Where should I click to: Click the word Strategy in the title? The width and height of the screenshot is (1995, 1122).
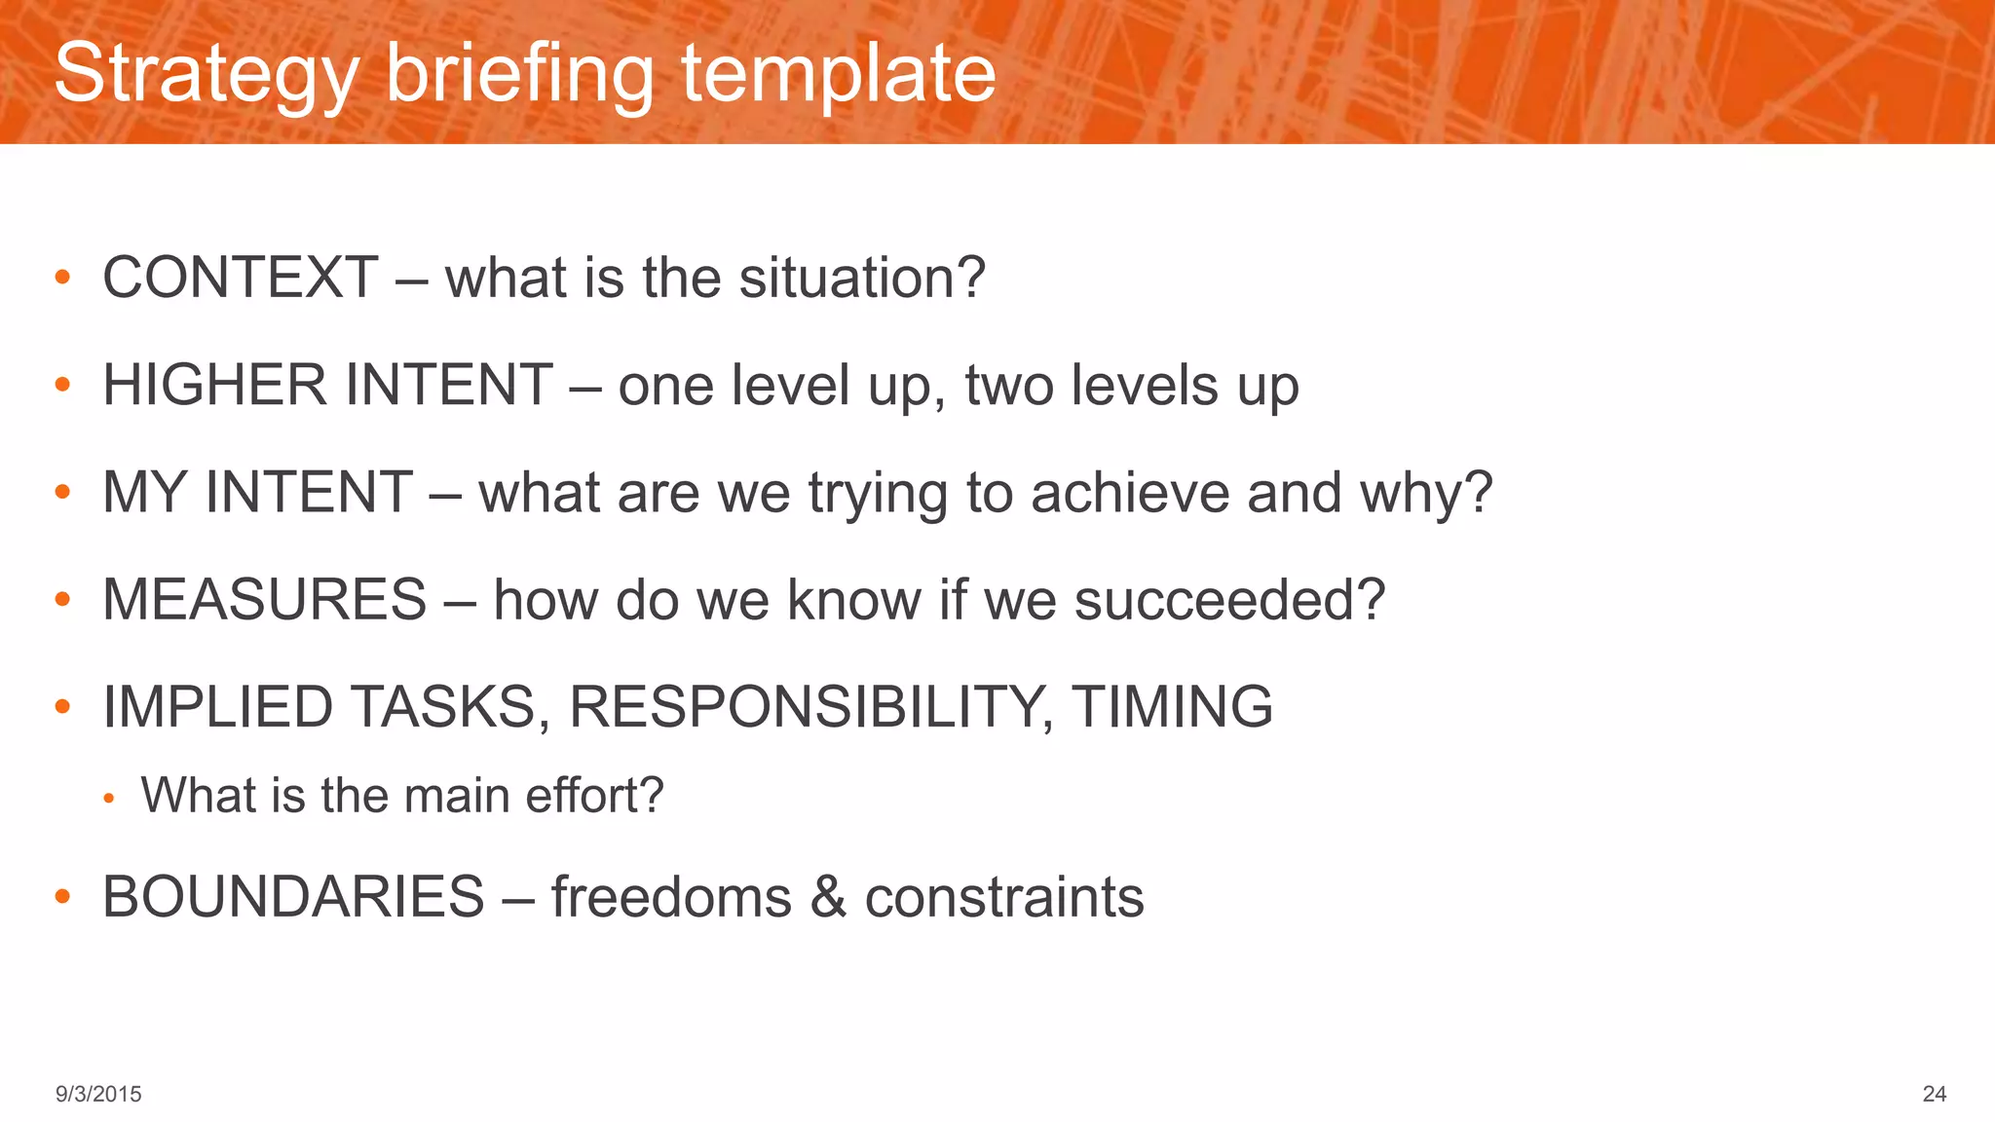(x=207, y=74)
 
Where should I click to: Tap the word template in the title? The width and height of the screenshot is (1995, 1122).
(x=838, y=74)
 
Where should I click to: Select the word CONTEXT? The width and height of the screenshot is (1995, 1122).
(x=241, y=278)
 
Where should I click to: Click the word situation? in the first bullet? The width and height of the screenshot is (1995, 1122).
(x=862, y=278)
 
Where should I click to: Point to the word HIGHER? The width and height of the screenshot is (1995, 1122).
(x=213, y=385)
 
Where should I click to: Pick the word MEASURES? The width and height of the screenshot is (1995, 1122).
(x=265, y=599)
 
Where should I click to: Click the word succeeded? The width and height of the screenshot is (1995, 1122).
(x=1229, y=599)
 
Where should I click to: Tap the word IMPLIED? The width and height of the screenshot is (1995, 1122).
(x=218, y=706)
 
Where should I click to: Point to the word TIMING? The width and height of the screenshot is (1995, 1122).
(x=1172, y=706)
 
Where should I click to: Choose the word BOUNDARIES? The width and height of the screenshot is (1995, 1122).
(x=293, y=896)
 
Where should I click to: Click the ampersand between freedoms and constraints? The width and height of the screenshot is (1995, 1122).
(x=828, y=897)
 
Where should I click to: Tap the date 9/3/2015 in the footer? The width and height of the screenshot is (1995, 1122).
(x=98, y=1094)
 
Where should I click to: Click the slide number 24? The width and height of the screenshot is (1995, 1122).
(x=1934, y=1094)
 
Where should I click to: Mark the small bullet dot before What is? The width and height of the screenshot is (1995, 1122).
(x=109, y=799)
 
